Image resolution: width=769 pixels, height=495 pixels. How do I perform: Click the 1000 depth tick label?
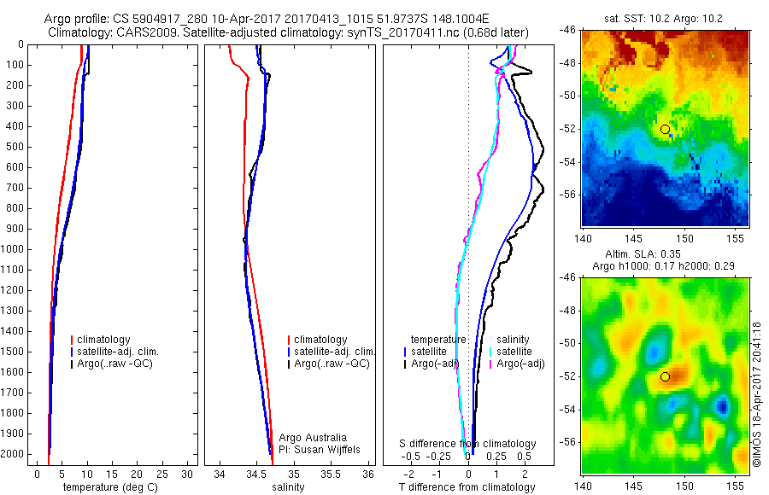(x=12, y=249)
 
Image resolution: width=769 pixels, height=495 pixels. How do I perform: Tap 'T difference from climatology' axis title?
(x=467, y=487)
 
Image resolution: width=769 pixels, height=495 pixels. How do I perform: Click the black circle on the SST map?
(x=665, y=129)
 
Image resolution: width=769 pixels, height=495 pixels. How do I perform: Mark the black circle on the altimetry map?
(x=665, y=376)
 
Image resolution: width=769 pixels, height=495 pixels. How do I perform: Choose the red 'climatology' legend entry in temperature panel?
(x=103, y=340)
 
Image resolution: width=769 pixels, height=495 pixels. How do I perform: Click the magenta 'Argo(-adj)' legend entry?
(x=516, y=364)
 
